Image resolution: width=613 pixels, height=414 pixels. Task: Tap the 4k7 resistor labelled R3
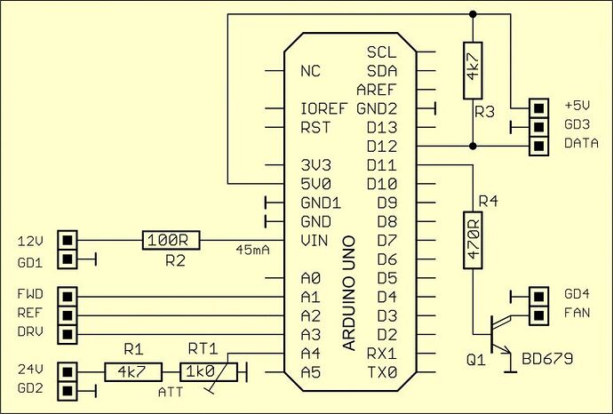tap(473, 72)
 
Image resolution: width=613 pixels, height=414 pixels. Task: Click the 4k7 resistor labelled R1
tap(132, 371)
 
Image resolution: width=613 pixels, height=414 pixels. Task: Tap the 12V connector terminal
tap(67, 240)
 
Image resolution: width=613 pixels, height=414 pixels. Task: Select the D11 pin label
tap(382, 165)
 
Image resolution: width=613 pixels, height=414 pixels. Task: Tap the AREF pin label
tap(377, 90)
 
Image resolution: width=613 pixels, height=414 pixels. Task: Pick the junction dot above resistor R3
tap(473, 14)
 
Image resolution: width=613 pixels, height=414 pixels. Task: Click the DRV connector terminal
tap(67, 334)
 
